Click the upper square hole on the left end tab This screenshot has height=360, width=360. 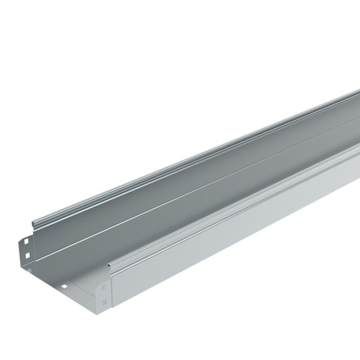pyautogui.click(x=24, y=242)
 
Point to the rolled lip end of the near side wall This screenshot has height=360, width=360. pyautogui.click(x=110, y=267)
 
